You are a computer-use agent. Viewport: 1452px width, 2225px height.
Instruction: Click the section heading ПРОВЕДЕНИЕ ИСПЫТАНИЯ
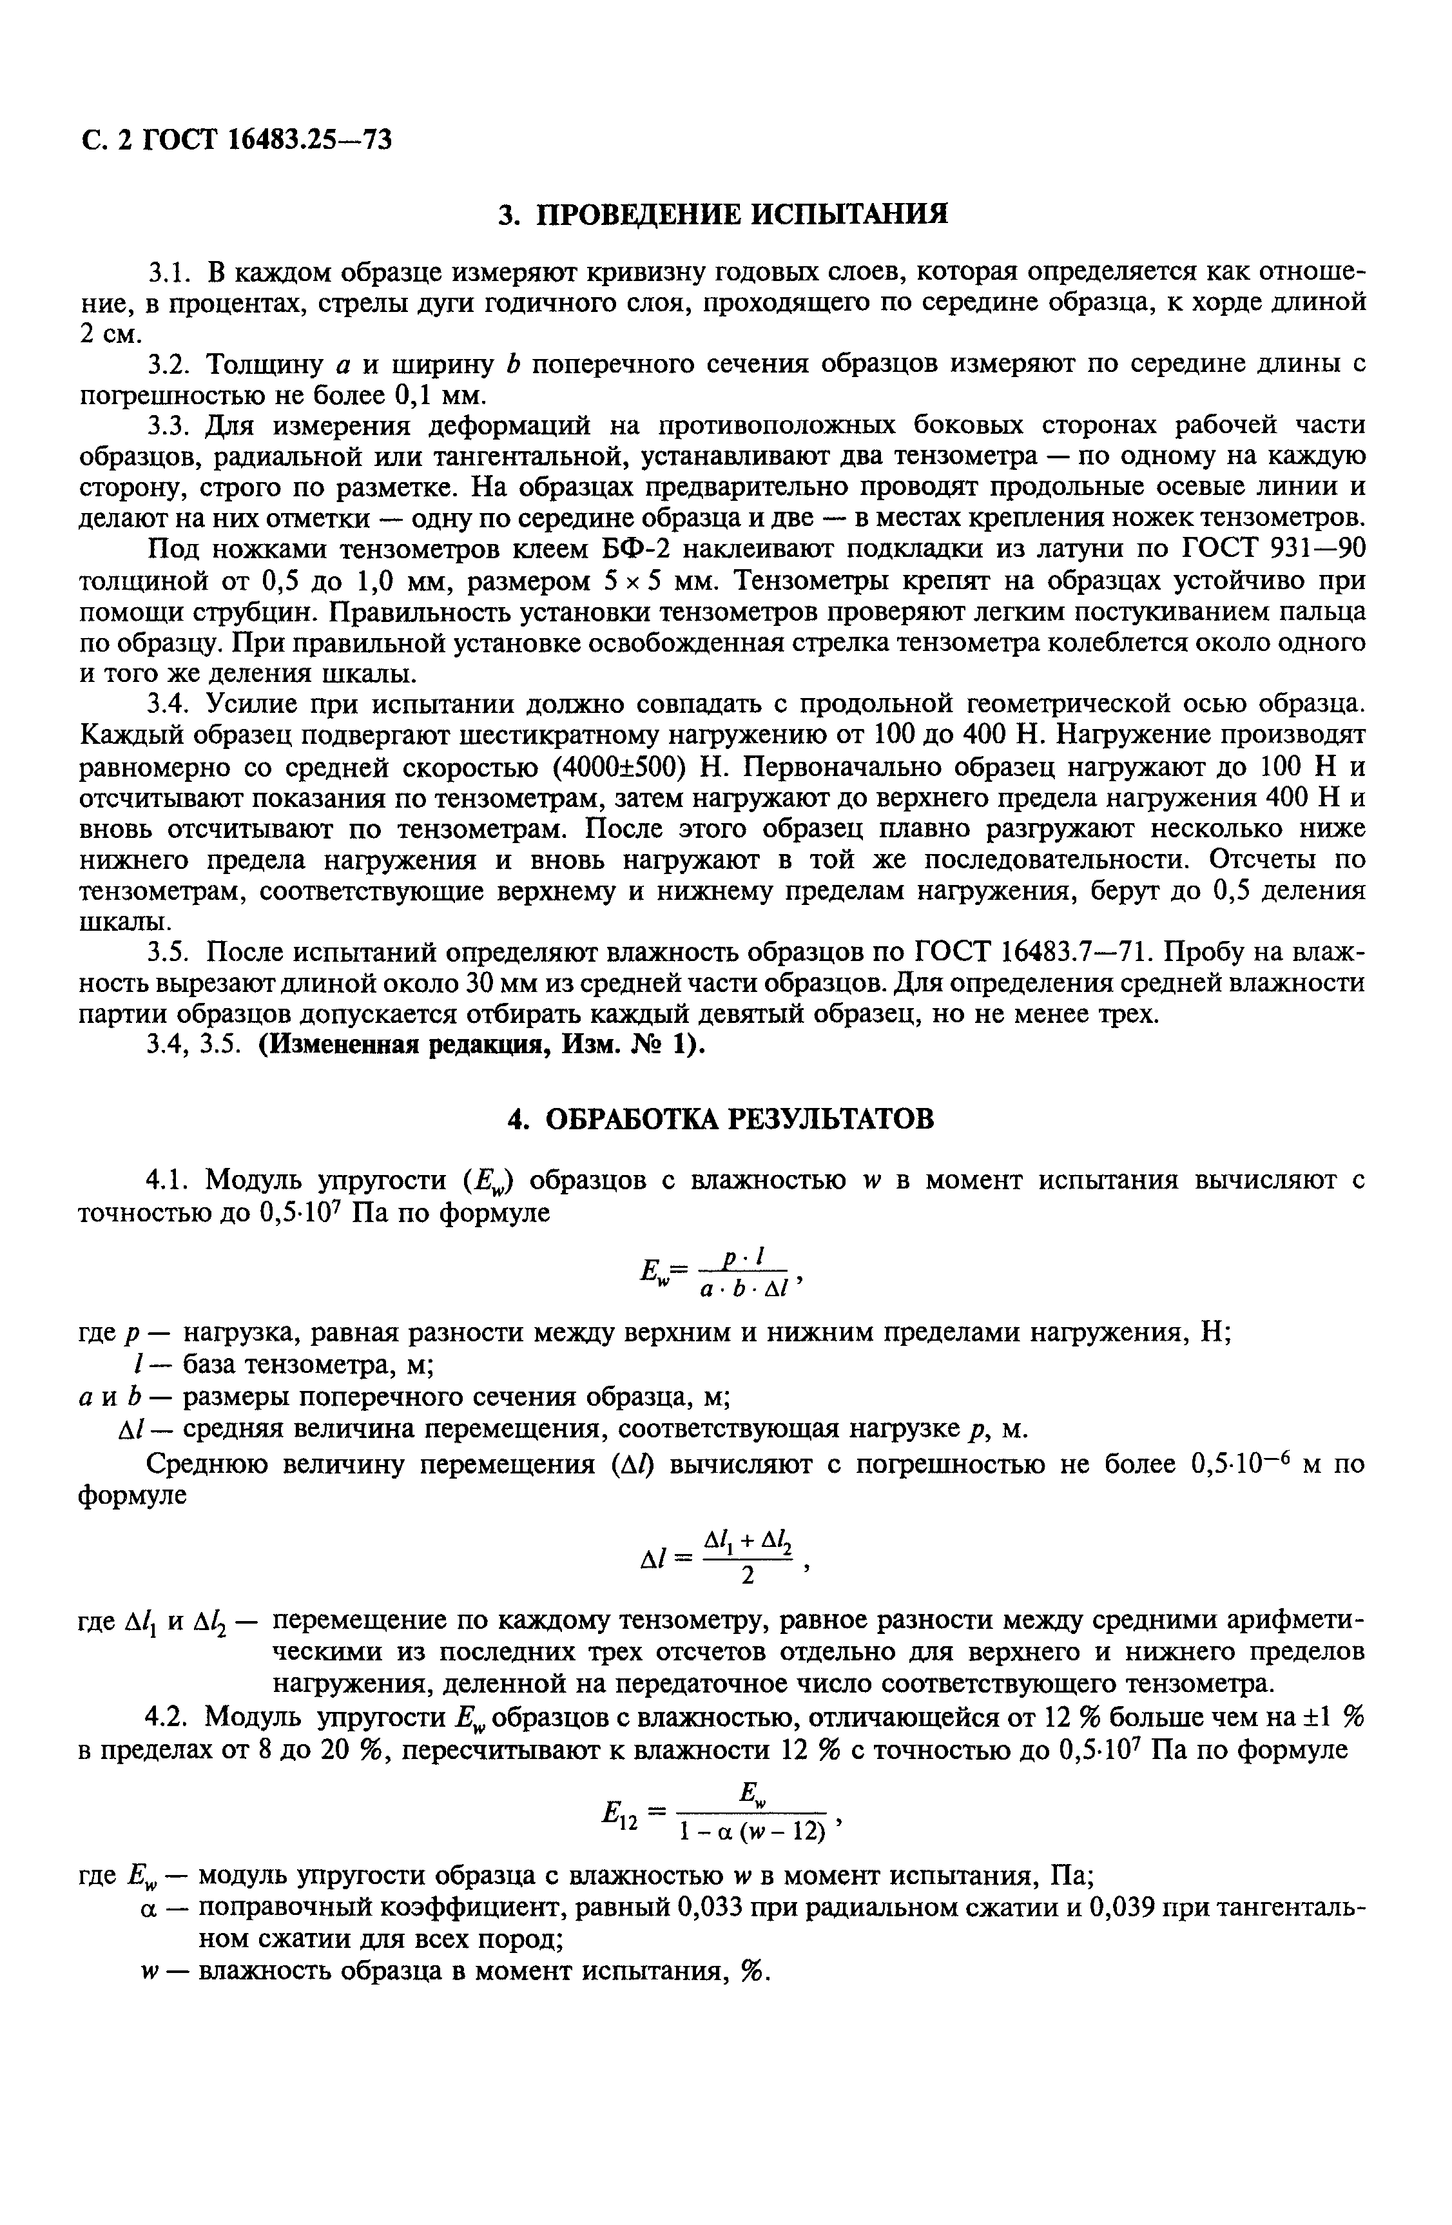point(722,214)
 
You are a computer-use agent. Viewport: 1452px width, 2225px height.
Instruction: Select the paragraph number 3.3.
point(170,426)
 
